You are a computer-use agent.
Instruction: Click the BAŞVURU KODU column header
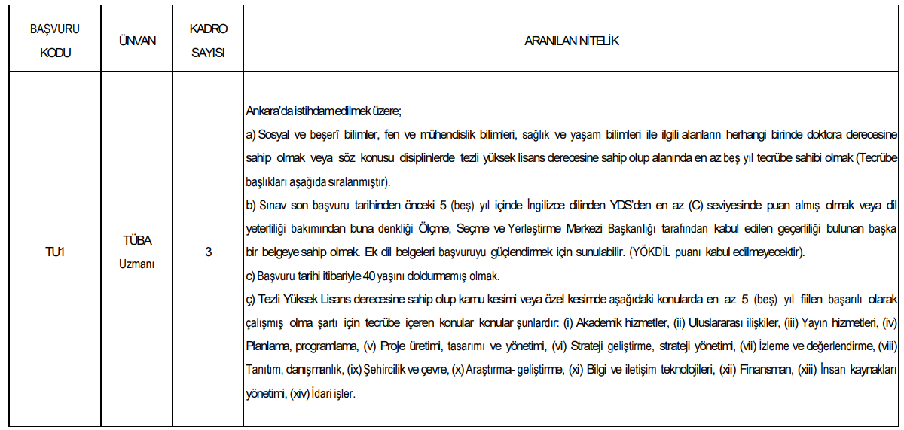click(54, 41)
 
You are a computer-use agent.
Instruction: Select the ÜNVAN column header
click(138, 41)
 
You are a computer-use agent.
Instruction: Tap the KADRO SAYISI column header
click(208, 41)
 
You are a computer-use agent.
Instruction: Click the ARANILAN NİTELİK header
click(571, 41)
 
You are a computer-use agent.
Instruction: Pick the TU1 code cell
click(54, 252)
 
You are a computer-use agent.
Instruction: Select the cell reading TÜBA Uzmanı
click(138, 252)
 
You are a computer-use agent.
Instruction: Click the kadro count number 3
click(208, 252)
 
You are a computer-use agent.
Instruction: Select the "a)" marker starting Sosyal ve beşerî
click(251, 135)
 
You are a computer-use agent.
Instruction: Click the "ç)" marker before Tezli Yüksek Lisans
click(251, 300)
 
